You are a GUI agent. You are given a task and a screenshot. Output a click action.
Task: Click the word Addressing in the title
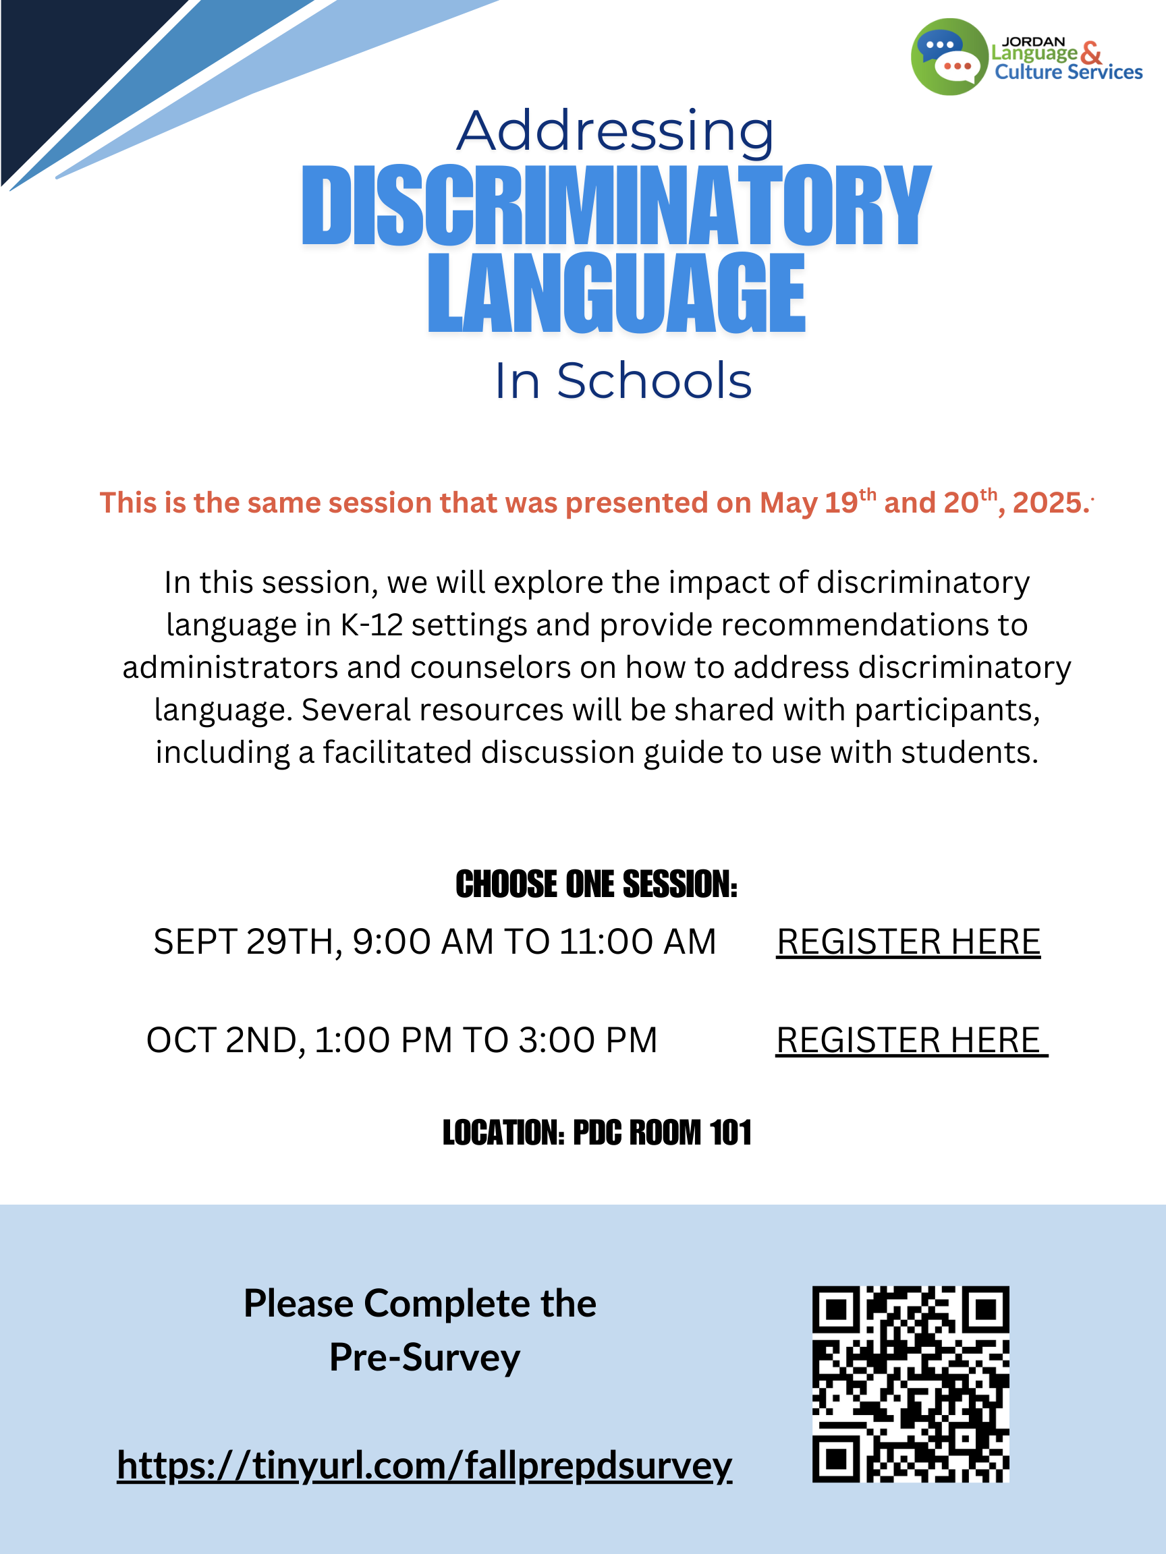click(615, 132)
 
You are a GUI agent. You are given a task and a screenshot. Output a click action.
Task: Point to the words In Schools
click(623, 381)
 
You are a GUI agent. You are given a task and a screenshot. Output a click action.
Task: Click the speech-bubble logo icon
click(949, 57)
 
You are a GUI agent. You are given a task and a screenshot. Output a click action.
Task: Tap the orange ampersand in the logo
click(1091, 53)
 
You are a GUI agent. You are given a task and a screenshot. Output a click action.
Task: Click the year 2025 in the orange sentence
click(1047, 503)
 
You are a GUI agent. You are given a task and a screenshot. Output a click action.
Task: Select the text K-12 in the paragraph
click(372, 625)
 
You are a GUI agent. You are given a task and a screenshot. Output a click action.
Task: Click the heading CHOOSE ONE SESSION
click(596, 884)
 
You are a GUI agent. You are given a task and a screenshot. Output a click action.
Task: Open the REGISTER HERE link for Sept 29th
click(908, 942)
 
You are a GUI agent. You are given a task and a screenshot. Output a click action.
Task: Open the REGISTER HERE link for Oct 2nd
click(910, 1040)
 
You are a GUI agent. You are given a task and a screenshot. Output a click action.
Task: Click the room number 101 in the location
click(730, 1132)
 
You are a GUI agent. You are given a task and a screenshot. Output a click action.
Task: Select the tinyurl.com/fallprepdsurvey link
click(424, 1466)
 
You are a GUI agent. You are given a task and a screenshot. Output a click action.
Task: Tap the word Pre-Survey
click(424, 1357)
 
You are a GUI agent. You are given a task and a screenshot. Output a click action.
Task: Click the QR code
click(910, 1384)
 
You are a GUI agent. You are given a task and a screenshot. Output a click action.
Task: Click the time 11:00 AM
click(638, 942)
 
